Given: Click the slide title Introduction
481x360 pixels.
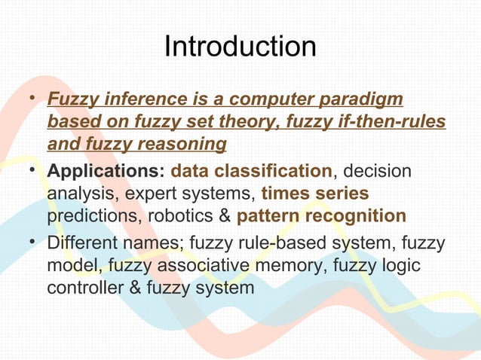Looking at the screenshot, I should click(x=240, y=47).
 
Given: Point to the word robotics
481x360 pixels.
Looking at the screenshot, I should click(x=180, y=216).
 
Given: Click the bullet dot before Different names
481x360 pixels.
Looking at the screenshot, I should click(x=32, y=244).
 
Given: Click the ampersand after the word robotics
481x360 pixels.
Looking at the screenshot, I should click(x=224, y=216).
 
